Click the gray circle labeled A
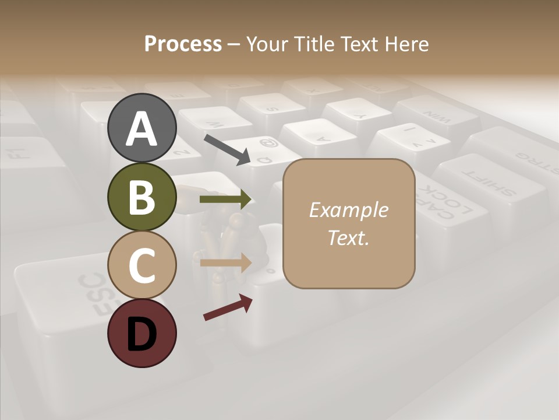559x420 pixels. (x=141, y=128)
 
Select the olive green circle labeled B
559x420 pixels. (x=141, y=197)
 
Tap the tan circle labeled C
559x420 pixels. (x=141, y=265)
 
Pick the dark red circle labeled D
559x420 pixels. (x=141, y=333)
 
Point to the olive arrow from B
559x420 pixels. (x=225, y=199)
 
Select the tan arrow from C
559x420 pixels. (x=225, y=262)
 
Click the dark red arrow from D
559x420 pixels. (x=228, y=307)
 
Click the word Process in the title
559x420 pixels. (x=183, y=44)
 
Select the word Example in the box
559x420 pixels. (x=348, y=210)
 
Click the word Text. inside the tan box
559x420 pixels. (x=348, y=237)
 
